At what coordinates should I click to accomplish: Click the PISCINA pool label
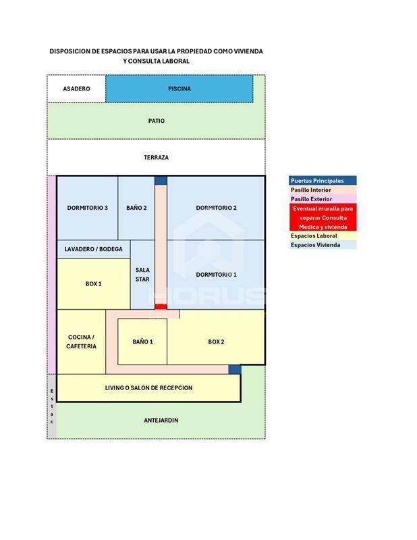[x=179, y=89]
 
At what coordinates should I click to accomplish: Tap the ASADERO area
[x=76, y=89]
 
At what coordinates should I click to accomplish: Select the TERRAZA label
[x=157, y=157]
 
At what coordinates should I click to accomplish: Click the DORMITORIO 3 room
[x=88, y=208]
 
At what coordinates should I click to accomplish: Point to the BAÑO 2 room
[x=136, y=208]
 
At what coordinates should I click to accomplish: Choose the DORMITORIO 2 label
[x=216, y=208]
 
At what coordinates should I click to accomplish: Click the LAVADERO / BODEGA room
[x=93, y=249]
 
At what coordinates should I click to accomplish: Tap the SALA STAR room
[x=142, y=275]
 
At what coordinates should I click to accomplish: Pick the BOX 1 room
[x=93, y=283]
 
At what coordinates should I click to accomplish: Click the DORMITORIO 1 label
[x=216, y=275]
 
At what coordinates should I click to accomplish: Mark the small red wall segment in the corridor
[x=161, y=306]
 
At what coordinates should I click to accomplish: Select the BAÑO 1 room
[x=142, y=342]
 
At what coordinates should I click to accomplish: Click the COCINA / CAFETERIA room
[x=81, y=342]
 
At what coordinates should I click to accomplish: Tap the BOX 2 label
[x=216, y=342]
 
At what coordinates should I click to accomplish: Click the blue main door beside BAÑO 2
[x=161, y=180]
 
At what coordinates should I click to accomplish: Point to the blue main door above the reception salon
[x=235, y=369]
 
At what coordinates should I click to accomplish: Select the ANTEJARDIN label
[x=161, y=420]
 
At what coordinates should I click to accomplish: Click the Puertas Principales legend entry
[x=323, y=180]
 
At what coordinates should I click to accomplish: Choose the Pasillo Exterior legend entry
[x=323, y=199]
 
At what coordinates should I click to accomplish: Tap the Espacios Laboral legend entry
[x=323, y=236]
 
